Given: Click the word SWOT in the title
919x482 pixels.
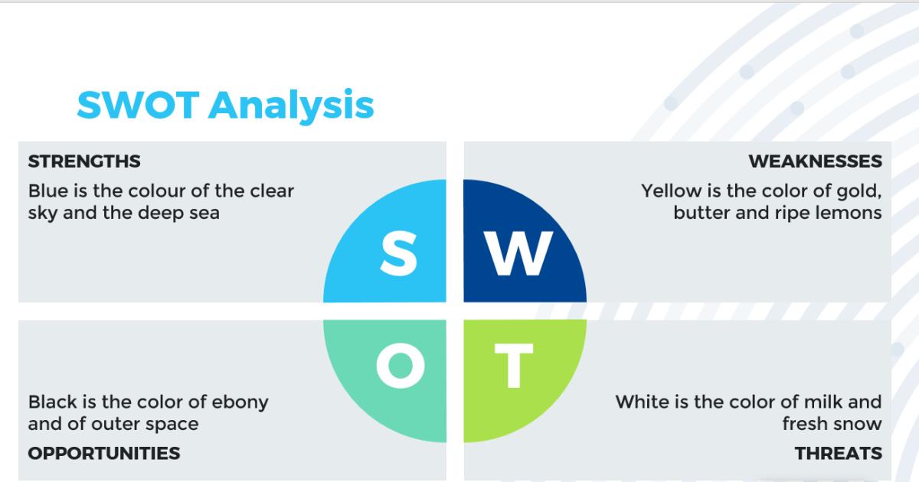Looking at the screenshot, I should [x=139, y=105].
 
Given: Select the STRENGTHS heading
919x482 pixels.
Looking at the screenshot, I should [x=84, y=161].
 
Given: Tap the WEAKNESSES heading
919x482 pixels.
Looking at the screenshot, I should [x=815, y=161].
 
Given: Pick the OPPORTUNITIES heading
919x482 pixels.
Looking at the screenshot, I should [x=104, y=453].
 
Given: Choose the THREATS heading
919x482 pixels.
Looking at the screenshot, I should [x=838, y=453].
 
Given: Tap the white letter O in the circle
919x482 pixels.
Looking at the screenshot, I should [x=400, y=366].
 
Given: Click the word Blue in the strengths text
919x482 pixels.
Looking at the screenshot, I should [x=47, y=191].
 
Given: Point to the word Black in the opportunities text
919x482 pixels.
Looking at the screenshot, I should [x=51, y=402].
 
